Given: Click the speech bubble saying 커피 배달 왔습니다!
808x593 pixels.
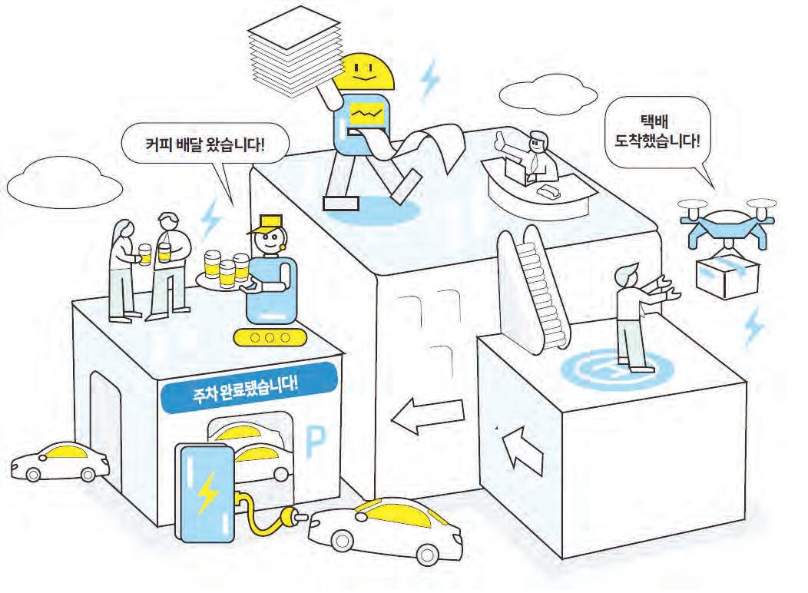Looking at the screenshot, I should click(x=204, y=143).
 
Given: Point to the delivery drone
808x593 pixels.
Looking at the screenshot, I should click(x=727, y=222).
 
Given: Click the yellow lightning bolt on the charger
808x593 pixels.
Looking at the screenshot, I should click(x=207, y=492).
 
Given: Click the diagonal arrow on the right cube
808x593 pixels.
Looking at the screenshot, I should click(x=524, y=452).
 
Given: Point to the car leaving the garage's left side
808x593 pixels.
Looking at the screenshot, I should click(x=59, y=461).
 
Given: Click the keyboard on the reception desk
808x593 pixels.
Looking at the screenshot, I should click(x=551, y=188).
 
